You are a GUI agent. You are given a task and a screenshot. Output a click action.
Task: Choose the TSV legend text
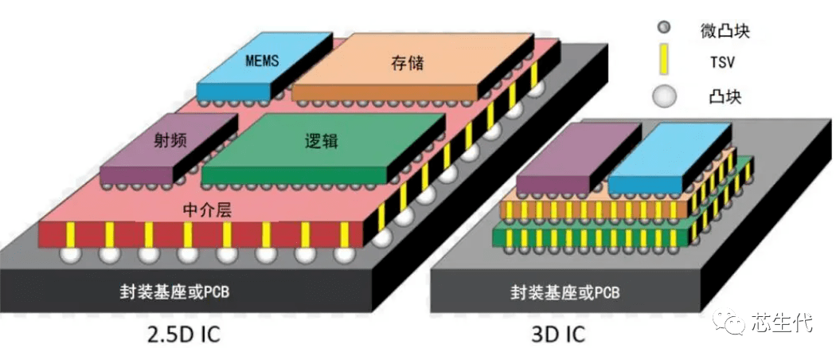pyautogui.click(x=721, y=61)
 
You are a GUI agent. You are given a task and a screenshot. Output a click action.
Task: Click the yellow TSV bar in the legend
pyautogui.click(x=662, y=61)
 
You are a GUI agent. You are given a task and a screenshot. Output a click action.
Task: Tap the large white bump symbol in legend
pyautogui.click(x=663, y=96)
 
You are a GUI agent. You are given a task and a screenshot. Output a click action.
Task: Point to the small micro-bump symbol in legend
pyautogui.click(x=662, y=29)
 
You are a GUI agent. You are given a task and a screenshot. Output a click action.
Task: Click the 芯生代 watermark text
pyautogui.click(x=782, y=323)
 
